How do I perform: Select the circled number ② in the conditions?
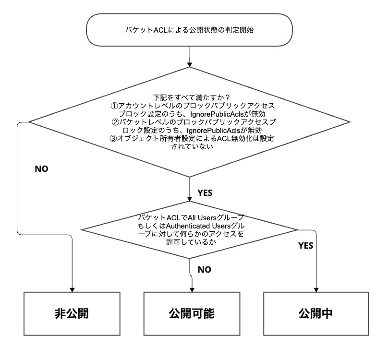click(x=114, y=122)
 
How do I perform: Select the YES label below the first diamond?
click(x=205, y=192)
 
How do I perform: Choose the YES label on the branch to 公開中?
click(x=306, y=246)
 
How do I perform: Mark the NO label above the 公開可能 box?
click(x=205, y=270)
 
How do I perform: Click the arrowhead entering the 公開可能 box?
click(x=192, y=289)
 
